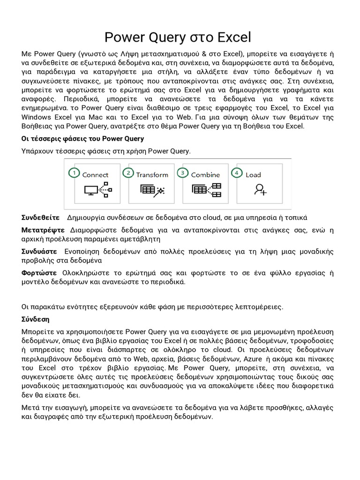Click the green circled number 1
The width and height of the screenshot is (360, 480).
point(74,173)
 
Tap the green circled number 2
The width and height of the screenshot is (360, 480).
point(128,173)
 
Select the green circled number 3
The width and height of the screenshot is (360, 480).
point(182,173)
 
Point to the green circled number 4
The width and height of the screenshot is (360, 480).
point(238,173)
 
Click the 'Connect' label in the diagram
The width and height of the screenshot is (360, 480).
point(95,175)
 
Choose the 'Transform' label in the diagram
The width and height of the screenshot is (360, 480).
point(152,175)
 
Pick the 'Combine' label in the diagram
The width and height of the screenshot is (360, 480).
point(205,175)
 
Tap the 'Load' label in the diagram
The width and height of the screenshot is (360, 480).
point(253,175)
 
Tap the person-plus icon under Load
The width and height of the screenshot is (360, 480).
point(261,189)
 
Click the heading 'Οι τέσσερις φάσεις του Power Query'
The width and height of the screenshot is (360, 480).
point(82,139)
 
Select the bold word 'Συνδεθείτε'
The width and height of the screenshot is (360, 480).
point(40,217)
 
